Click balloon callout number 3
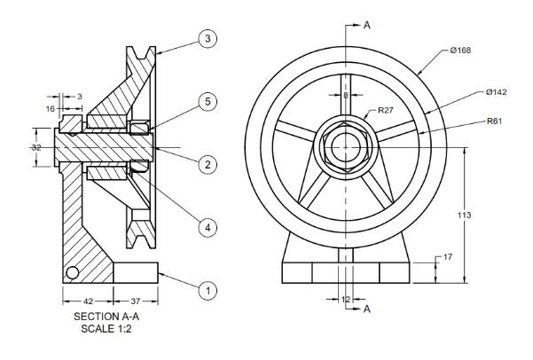[x=208, y=40]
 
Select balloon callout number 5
[x=208, y=102]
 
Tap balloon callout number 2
[x=208, y=164]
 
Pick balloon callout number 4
[x=208, y=227]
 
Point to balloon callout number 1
[x=208, y=289]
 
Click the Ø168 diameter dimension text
[x=461, y=50]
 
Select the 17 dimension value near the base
[x=447, y=258]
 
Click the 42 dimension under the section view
[x=86, y=300]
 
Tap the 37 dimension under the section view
[x=136, y=300]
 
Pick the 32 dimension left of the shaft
[x=36, y=147]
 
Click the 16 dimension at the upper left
[x=50, y=107]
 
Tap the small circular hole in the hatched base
[x=73, y=271]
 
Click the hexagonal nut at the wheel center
[x=345, y=145]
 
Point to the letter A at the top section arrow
[x=366, y=25]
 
